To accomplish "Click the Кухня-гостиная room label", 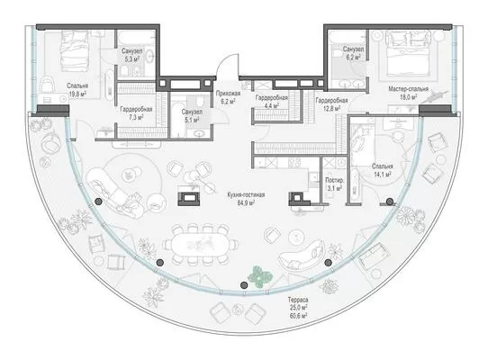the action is pyautogui.click(x=246, y=195).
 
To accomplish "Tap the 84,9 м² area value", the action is pyautogui.click(x=246, y=203).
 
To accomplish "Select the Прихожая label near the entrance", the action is pyautogui.click(x=228, y=94).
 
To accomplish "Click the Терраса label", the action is pyautogui.click(x=298, y=300).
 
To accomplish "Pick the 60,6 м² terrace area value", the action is pyautogui.click(x=298, y=316).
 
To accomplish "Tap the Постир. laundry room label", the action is pyautogui.click(x=335, y=180).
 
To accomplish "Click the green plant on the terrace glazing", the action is pyautogui.click(x=260, y=276).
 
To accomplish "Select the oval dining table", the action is pyautogui.click(x=200, y=245).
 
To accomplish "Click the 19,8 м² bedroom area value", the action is pyautogui.click(x=77, y=94).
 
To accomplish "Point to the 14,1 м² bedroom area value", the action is pyautogui.click(x=382, y=175).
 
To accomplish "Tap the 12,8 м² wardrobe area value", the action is pyautogui.click(x=331, y=108).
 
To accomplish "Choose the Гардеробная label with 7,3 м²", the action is pyautogui.click(x=136, y=109).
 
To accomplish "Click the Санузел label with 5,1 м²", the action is pyautogui.click(x=192, y=112).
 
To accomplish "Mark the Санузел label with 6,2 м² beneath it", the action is pyautogui.click(x=353, y=49).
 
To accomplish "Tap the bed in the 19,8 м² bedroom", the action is pyautogui.click(x=74, y=50).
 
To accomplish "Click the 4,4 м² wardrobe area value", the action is pyautogui.click(x=272, y=106).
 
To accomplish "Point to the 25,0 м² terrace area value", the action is pyautogui.click(x=298, y=308).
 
